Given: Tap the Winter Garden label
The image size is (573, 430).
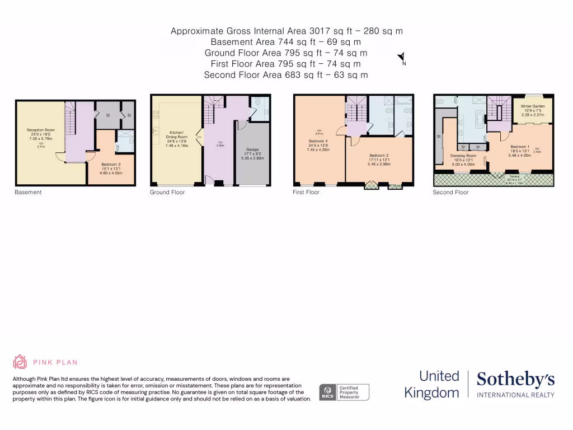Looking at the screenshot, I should coord(533,106).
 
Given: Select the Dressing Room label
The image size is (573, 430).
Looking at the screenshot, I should coord(463,156).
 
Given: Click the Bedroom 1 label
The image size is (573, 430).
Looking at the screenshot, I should coord(520,146).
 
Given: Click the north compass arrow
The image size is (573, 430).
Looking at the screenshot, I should coord(401,57).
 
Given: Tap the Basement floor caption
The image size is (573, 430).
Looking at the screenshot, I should coord(28,192).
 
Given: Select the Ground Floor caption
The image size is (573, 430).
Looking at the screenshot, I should coord(167,192).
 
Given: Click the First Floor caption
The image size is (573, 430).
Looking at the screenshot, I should coord(306,192).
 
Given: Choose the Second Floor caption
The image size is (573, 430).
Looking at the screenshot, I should coord(450,192).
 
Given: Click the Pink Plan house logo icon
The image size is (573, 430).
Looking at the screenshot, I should coord(20,362).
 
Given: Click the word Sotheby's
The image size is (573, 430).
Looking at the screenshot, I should coord(515,380).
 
